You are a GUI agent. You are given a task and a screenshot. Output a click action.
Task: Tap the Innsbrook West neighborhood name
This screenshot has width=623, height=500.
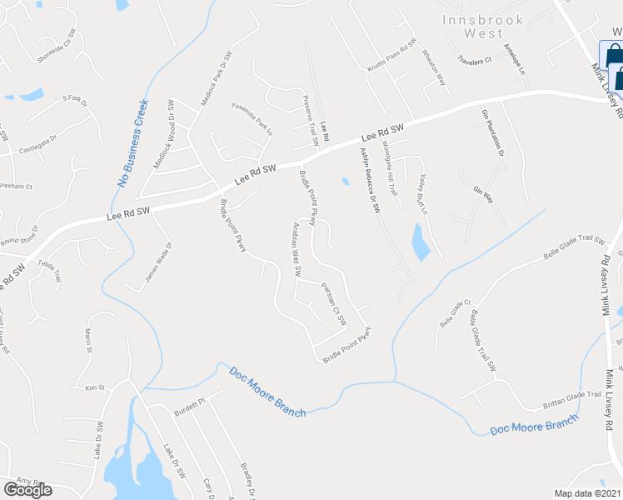coord(473,27)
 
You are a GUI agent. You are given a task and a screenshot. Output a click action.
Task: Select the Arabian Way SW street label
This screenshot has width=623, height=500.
coord(295,251)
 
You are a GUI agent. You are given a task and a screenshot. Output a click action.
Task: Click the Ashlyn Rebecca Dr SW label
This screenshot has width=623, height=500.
coord(369,179)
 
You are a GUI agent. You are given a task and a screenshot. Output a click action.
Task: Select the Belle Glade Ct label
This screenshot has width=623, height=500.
coord(456,312)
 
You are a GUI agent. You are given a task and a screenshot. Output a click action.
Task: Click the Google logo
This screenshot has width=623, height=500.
coord(27,490)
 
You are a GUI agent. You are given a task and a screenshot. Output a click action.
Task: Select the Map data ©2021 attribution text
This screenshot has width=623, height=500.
coord(588,493)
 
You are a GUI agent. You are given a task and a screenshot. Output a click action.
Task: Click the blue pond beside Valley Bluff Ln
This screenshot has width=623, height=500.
coord(421,241)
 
